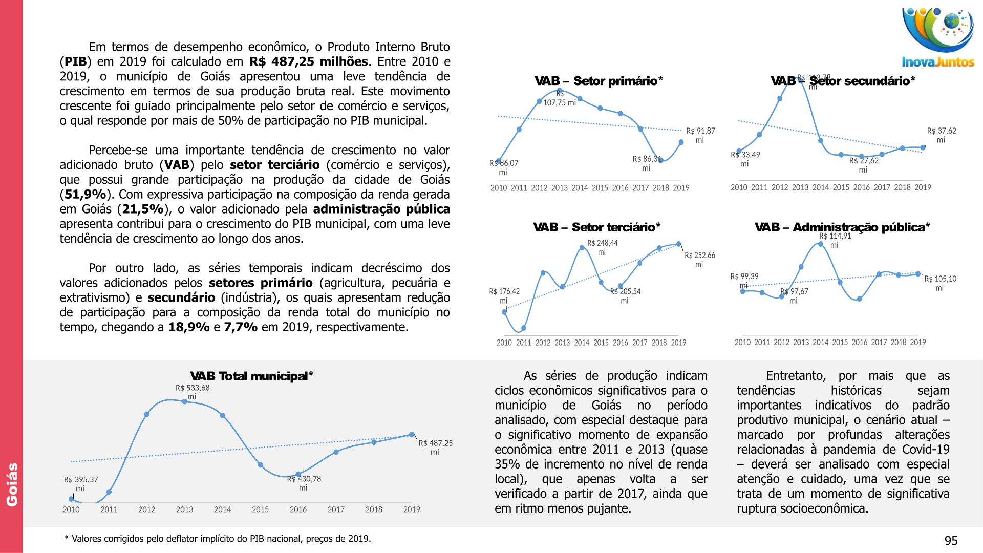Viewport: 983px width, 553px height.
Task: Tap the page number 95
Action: point(951,541)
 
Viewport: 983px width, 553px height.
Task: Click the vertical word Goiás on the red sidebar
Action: point(12,484)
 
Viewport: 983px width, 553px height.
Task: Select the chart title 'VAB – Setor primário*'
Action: point(599,81)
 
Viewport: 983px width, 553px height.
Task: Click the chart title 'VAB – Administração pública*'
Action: point(842,227)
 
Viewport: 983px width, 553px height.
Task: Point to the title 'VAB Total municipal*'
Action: point(251,376)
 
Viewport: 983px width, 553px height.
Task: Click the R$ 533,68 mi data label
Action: point(193,392)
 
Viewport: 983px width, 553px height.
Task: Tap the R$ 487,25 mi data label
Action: point(435,447)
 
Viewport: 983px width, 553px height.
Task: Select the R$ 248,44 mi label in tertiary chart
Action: point(602,247)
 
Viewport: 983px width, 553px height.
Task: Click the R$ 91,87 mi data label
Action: point(700,135)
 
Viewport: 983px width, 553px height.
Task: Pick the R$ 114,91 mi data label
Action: point(835,240)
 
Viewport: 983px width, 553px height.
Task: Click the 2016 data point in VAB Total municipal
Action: point(298,474)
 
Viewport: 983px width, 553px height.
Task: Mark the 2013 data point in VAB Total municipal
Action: point(185,401)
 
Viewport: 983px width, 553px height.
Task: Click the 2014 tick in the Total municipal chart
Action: point(222,509)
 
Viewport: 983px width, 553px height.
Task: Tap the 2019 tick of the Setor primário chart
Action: point(681,188)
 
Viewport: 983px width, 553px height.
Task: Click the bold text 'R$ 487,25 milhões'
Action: point(308,62)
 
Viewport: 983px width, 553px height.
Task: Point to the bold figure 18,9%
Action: point(188,327)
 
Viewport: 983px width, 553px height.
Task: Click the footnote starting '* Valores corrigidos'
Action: point(217,539)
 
